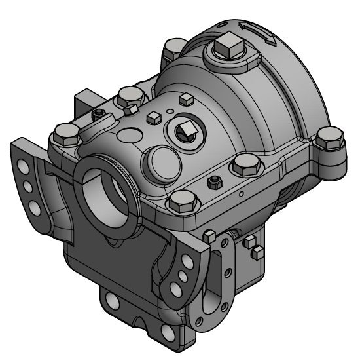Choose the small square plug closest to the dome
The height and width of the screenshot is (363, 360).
(185, 99)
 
